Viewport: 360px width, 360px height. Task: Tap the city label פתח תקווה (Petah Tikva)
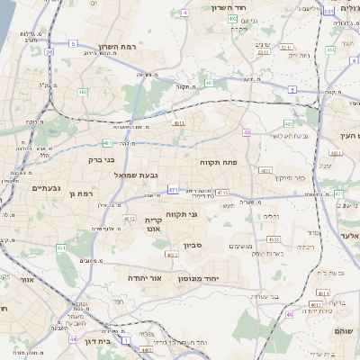(x=218, y=162)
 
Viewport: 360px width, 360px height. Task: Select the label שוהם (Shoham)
(x=346, y=330)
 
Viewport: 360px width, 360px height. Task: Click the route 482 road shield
(x=83, y=92)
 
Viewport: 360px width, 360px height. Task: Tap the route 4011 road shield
(x=179, y=123)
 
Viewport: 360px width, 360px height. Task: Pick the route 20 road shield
(x=49, y=52)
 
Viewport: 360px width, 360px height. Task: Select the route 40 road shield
(x=247, y=132)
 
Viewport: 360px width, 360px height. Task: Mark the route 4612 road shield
(x=129, y=219)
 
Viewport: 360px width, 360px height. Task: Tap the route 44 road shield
(x=72, y=339)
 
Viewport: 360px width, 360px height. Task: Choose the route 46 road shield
(x=290, y=314)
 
